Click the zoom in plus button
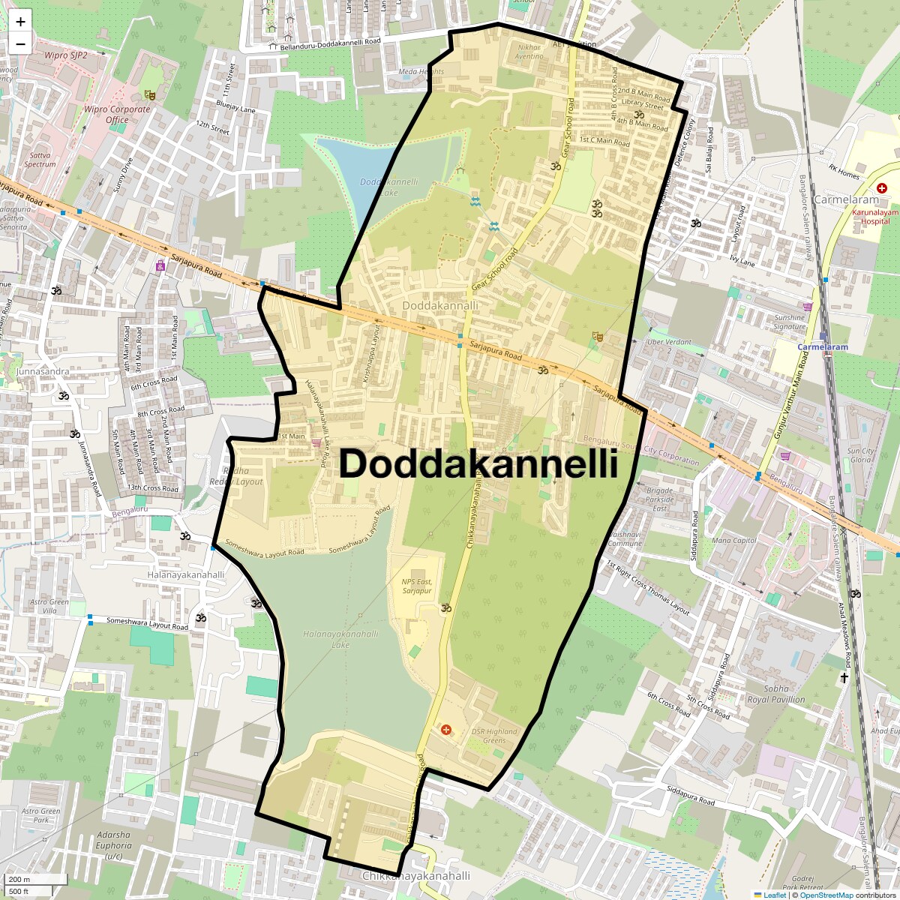tap(20, 22)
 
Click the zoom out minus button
tap(20, 43)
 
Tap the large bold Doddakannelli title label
tap(478, 463)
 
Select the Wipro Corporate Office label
tap(117, 114)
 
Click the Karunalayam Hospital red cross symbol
tap(882, 187)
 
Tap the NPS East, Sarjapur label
tap(417, 586)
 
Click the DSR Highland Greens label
tap(494, 736)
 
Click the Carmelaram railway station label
tap(822, 347)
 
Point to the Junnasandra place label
tap(43, 371)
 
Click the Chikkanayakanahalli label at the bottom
tap(416, 876)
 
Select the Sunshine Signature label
tap(790, 322)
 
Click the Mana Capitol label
tap(734, 540)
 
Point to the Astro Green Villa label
tap(49, 606)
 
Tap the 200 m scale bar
tap(34, 880)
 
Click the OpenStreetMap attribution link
tap(826, 895)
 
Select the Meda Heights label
tap(421, 72)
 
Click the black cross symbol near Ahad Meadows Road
tap(844, 678)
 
